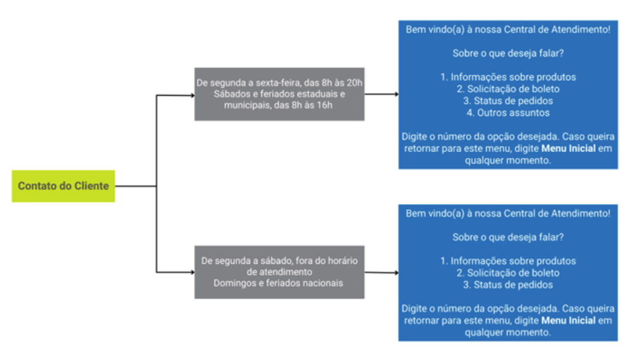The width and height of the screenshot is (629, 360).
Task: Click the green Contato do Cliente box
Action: click(63, 186)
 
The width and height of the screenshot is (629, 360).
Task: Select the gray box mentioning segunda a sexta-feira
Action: click(279, 94)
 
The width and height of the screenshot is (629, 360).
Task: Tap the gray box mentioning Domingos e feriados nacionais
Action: click(279, 272)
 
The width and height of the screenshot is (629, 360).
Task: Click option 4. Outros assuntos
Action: click(508, 113)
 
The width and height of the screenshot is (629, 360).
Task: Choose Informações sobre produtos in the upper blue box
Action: click(508, 77)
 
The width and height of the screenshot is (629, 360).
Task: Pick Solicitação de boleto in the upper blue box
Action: click(508, 89)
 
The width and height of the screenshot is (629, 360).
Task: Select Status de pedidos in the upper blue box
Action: click(508, 101)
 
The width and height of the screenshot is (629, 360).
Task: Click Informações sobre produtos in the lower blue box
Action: click(508, 261)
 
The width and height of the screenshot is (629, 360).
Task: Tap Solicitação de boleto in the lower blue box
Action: click(508, 272)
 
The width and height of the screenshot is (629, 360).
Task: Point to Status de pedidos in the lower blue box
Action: click(508, 284)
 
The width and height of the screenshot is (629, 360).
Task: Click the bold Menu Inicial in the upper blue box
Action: click(568, 149)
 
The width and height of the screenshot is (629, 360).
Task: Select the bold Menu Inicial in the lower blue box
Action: click(568, 321)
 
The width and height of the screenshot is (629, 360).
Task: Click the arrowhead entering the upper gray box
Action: click(191, 95)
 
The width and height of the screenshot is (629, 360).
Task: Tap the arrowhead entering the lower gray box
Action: click(191, 272)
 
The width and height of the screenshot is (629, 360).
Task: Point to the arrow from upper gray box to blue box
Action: click(381, 94)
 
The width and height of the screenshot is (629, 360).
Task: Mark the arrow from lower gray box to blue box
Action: click(381, 272)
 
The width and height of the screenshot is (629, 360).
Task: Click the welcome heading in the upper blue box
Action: click(508, 30)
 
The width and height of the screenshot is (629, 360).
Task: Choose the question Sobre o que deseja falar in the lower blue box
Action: click(508, 237)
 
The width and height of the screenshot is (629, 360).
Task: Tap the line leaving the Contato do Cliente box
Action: click(136, 186)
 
